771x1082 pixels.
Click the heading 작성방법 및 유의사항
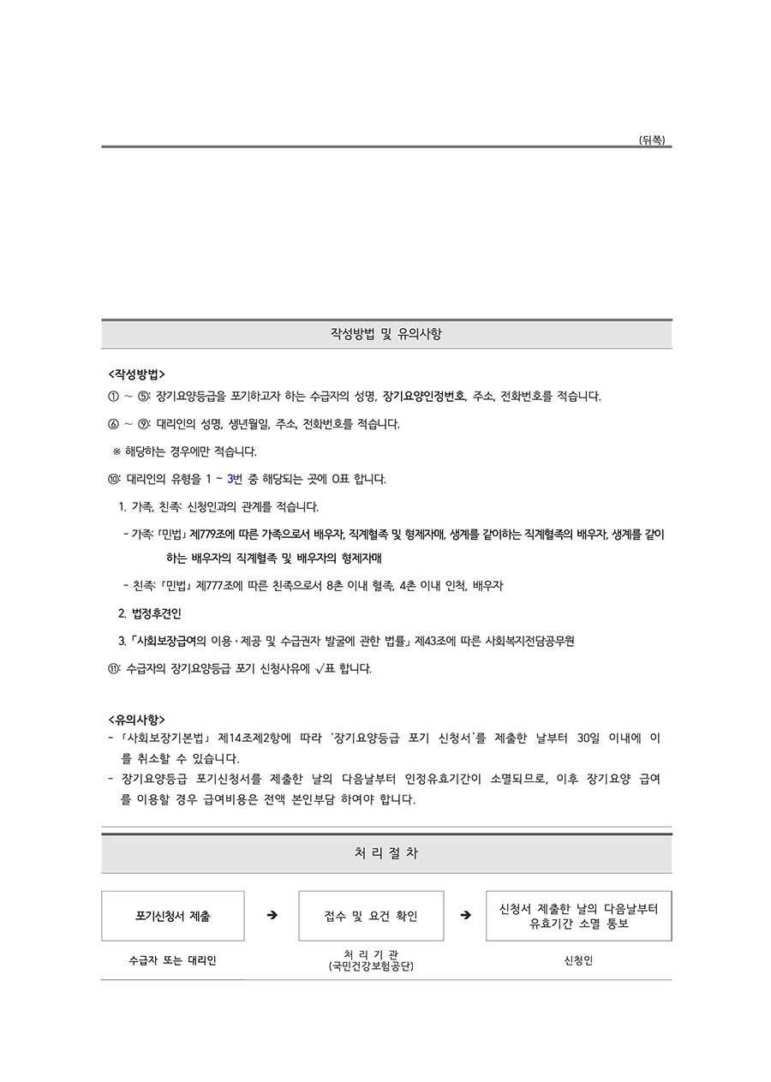pyautogui.click(x=386, y=334)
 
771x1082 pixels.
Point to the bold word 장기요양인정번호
pyautogui.click(x=425, y=396)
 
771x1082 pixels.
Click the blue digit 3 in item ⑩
pyautogui.click(x=230, y=479)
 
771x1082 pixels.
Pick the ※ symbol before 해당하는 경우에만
pyautogui.click(x=117, y=451)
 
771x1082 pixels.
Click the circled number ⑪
pyautogui.click(x=114, y=668)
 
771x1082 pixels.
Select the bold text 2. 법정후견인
pyautogui.click(x=150, y=613)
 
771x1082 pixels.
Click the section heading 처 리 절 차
pyautogui.click(x=386, y=853)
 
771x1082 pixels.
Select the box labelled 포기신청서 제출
pyautogui.click(x=172, y=916)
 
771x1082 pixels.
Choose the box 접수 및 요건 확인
pyautogui.click(x=371, y=916)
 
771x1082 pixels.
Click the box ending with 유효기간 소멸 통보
pyautogui.click(x=578, y=916)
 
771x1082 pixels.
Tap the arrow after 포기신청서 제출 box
pyautogui.click(x=272, y=916)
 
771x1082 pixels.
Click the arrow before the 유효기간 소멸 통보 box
pyautogui.click(x=465, y=916)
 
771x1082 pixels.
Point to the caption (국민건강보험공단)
pyautogui.click(x=371, y=966)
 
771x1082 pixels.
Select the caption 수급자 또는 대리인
pyautogui.click(x=172, y=960)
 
